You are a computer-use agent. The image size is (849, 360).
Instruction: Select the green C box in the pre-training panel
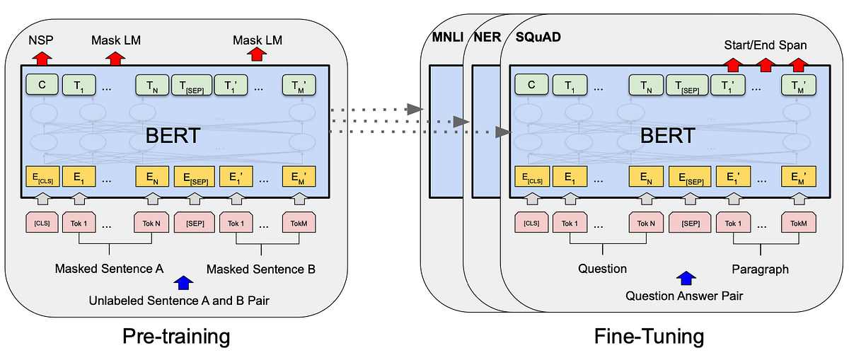[41, 85]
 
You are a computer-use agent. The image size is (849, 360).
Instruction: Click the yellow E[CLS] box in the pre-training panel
[41, 176]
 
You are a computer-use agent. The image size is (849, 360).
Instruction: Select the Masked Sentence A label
[109, 269]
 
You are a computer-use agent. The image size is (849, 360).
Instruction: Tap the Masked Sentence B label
[260, 269]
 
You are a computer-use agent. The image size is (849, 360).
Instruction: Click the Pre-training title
[177, 335]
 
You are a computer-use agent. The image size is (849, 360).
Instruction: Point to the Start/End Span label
[764, 45]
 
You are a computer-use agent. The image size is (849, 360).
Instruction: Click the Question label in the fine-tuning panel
[602, 269]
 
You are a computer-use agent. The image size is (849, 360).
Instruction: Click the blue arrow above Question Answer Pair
[684, 279]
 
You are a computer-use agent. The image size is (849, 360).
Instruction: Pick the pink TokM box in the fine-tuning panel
[799, 223]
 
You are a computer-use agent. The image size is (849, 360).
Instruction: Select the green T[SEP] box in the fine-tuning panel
[686, 85]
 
